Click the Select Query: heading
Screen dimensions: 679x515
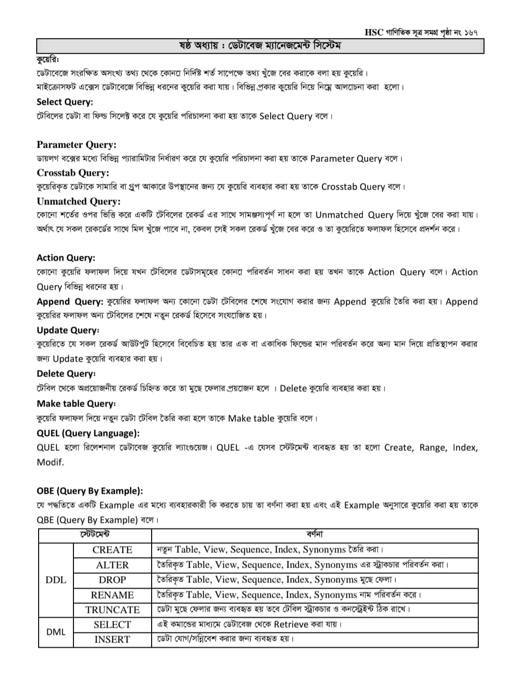click(65, 102)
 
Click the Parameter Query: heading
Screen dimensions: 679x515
click(76, 144)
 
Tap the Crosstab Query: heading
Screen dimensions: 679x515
click(73, 173)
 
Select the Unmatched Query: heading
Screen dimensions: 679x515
click(79, 201)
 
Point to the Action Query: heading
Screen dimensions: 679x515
click(66, 258)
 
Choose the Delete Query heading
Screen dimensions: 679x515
click(66, 374)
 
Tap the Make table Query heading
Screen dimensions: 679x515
click(76, 404)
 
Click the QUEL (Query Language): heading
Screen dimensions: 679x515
click(88, 433)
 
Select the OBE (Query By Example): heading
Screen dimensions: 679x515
click(90, 491)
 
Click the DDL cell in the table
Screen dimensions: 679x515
click(56, 580)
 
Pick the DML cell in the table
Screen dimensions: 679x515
click(56, 632)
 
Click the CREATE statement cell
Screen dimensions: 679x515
click(112, 550)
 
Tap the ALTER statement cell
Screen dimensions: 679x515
click(112, 565)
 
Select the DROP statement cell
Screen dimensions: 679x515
click(112, 580)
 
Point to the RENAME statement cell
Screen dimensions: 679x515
click(112, 595)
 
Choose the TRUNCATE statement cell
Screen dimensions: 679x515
click(112, 610)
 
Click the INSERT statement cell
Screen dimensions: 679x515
click(112, 639)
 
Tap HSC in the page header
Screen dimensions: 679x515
click(374, 32)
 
